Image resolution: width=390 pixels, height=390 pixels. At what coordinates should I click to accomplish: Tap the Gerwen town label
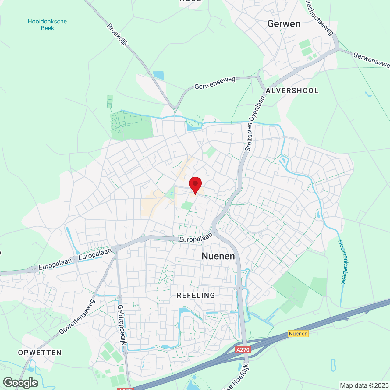(x=284, y=24)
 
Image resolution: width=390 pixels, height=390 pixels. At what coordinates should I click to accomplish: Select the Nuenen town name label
(x=218, y=256)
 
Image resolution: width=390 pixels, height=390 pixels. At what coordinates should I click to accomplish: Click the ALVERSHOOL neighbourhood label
(x=292, y=90)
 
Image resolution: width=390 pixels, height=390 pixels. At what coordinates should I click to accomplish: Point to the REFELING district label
(x=196, y=295)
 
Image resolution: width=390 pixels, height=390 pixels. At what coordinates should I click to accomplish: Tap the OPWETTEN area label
(x=40, y=353)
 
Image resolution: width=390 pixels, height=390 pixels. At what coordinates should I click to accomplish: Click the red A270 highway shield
(x=243, y=350)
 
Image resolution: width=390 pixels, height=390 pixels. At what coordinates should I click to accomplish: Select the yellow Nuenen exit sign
(x=298, y=334)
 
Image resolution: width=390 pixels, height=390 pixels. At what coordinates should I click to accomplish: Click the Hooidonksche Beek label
(x=47, y=25)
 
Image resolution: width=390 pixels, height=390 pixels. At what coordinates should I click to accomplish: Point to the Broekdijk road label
(x=117, y=35)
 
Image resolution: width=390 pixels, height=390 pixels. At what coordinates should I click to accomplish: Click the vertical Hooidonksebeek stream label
(x=342, y=261)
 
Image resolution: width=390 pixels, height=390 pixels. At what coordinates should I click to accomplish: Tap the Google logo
(x=21, y=383)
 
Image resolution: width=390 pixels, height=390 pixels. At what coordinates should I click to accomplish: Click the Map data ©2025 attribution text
(x=364, y=385)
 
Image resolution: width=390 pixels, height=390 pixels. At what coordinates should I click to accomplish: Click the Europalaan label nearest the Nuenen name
(x=195, y=238)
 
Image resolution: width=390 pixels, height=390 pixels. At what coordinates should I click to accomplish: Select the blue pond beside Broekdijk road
(x=158, y=75)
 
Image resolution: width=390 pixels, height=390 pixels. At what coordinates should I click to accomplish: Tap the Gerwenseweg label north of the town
(x=215, y=83)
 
